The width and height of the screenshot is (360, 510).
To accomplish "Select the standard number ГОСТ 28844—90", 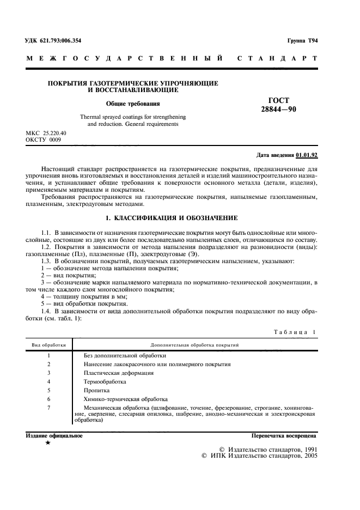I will (x=278, y=105).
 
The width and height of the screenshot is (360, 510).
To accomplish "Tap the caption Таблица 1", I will (x=292, y=332).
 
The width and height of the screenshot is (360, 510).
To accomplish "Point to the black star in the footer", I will (x=48, y=444).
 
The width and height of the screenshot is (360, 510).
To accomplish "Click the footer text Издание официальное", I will (x=54, y=436).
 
